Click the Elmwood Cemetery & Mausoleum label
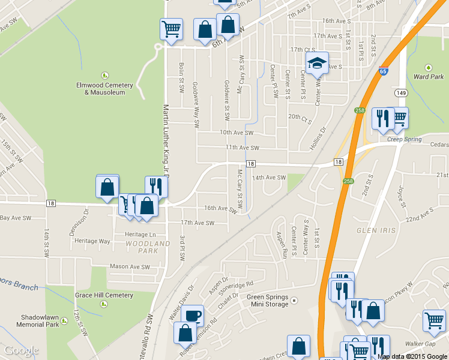click(105, 88)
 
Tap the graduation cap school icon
click(317, 62)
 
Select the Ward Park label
click(429, 76)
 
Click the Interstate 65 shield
click(382, 71)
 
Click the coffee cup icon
click(192, 316)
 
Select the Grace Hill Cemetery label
click(104, 295)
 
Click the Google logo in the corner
click(21, 350)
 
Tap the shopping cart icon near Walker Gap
click(434, 319)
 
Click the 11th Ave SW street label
click(242, 147)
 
